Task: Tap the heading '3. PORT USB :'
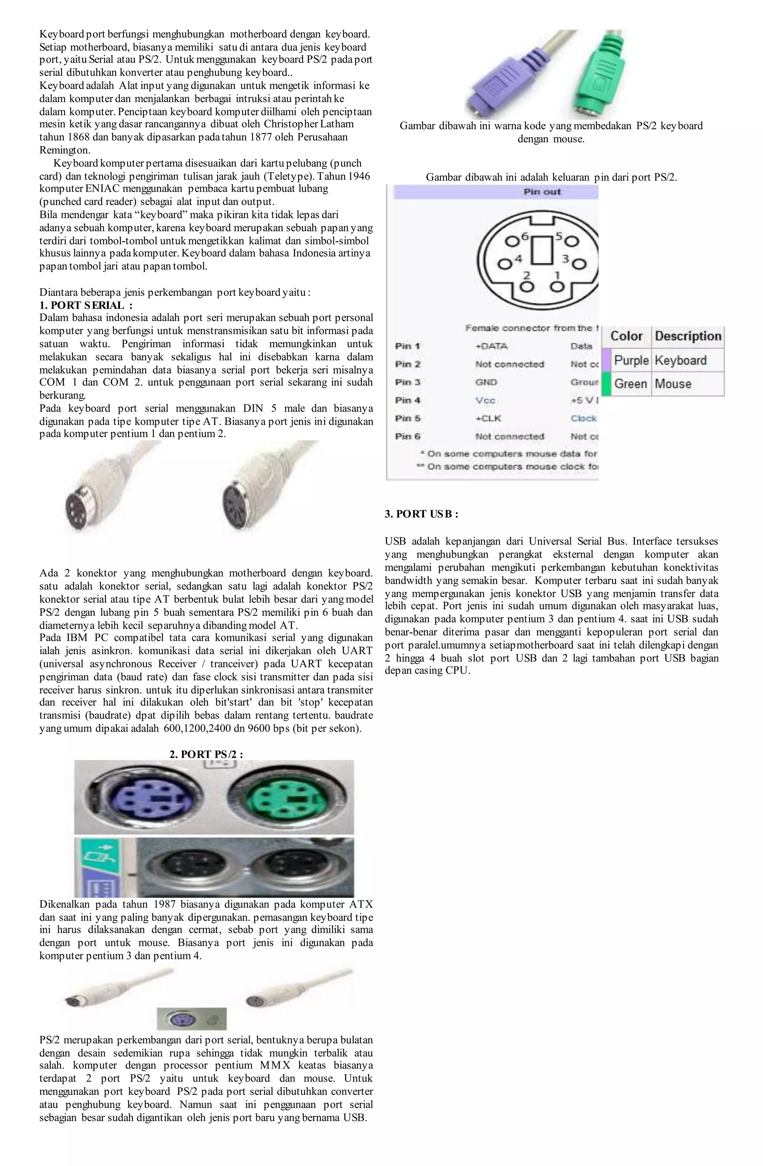(421, 514)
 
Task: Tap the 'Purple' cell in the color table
(631, 361)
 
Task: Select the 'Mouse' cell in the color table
(673, 384)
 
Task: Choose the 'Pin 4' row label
(408, 400)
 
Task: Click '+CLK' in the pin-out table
(488, 418)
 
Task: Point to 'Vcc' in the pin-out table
(485, 400)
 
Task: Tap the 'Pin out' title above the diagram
(542, 191)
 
